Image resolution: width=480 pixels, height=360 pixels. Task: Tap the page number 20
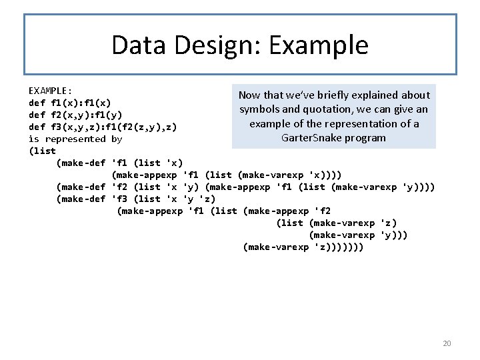pyautogui.click(x=447, y=343)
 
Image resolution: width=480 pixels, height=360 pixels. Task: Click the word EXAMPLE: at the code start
pyautogui.click(x=51, y=90)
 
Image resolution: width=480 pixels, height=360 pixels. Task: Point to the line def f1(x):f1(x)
pyautogui.click(x=70, y=103)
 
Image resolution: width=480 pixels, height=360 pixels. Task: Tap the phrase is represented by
pyautogui.click(x=75, y=139)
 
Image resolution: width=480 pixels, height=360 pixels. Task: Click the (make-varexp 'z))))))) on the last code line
pyautogui.click(x=304, y=247)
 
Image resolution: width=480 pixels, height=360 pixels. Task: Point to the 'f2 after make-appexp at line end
pyautogui.click(x=323, y=211)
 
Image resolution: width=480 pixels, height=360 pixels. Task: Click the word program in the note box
pyautogui.click(x=366, y=138)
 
